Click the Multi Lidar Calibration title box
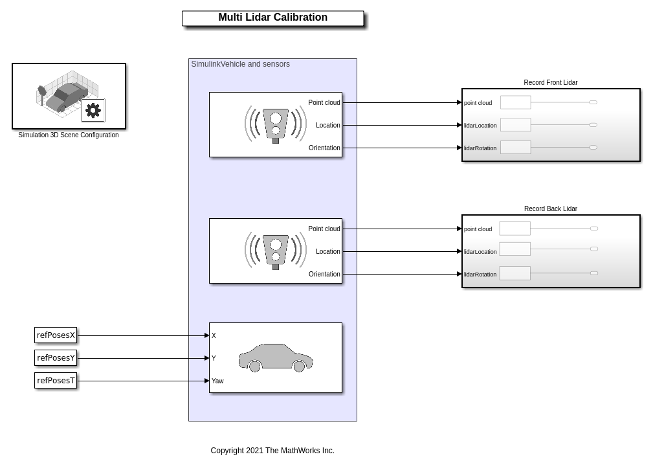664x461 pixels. pyautogui.click(x=272, y=18)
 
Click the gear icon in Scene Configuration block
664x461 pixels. pyautogui.click(x=93, y=110)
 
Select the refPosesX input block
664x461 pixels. pyautogui.click(x=56, y=335)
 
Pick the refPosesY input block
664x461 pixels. pyautogui.click(x=56, y=358)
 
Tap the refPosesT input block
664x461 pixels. pyautogui.click(x=56, y=381)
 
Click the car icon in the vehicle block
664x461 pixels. pyautogui.click(x=276, y=358)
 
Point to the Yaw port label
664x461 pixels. pyautogui.click(x=217, y=381)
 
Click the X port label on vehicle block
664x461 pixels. pyautogui.click(x=214, y=335)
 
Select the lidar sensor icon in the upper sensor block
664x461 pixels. pyautogui.click(x=276, y=124)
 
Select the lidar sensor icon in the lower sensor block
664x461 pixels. pyautogui.click(x=276, y=251)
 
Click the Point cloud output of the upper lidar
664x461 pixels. pyautogui.click(x=324, y=102)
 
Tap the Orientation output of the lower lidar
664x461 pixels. pyautogui.click(x=324, y=274)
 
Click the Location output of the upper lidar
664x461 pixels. pyautogui.click(x=327, y=125)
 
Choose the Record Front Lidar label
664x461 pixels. pyautogui.click(x=550, y=82)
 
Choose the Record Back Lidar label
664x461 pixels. pyautogui.click(x=550, y=208)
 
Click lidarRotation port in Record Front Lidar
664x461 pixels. pyautogui.click(x=480, y=148)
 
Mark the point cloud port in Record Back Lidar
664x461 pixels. pyautogui.click(x=478, y=229)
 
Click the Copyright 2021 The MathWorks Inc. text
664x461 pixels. pyautogui.click(x=272, y=451)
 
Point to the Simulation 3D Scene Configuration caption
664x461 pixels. pyautogui.click(x=68, y=135)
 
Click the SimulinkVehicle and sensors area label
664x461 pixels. pyautogui.click(x=240, y=64)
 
